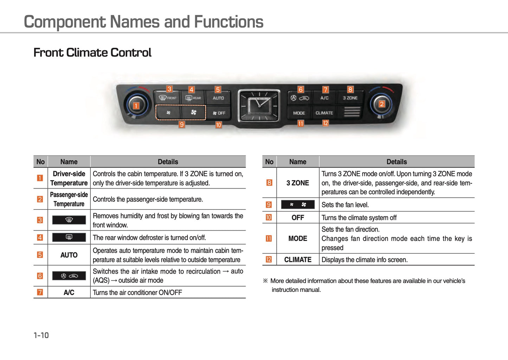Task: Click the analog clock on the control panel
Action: (x=259, y=106)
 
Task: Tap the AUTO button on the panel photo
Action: (x=218, y=98)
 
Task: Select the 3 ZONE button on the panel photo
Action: (x=350, y=98)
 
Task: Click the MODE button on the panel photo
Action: (x=299, y=113)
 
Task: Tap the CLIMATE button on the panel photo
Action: (x=324, y=113)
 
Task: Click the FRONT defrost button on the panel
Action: (x=167, y=98)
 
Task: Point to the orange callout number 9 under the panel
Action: (x=181, y=125)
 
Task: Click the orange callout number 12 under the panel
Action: (x=326, y=123)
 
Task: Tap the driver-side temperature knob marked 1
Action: (x=136, y=106)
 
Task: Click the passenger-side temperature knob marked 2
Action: (x=382, y=104)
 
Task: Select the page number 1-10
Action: (x=41, y=335)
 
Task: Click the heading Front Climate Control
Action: (x=92, y=53)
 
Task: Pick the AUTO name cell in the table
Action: (x=69, y=255)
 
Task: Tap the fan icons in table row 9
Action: (x=298, y=204)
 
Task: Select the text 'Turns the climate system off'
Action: (x=359, y=217)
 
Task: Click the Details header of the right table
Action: (x=397, y=162)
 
